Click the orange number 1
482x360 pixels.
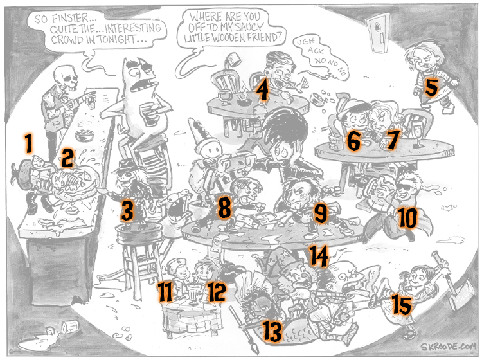point(29,143)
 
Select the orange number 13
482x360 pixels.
point(272,331)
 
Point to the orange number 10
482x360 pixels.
point(407,218)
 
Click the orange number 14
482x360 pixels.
point(319,255)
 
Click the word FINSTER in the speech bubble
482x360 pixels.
point(70,19)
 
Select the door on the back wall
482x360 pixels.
point(377,32)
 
